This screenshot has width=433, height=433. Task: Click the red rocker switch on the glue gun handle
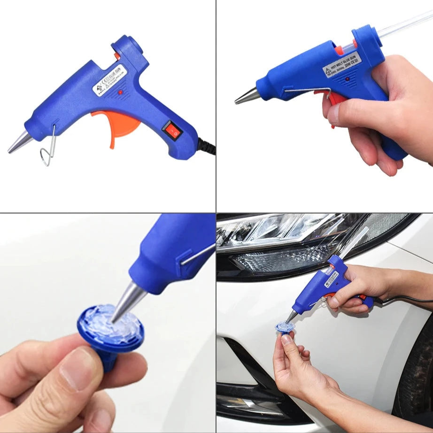pos(172,130)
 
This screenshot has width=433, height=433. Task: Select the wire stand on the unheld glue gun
pos(48,149)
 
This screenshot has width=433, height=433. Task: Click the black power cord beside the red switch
pos(207,146)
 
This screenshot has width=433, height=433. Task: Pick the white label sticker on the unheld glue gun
pos(109,79)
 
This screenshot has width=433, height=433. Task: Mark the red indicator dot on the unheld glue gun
pos(121,93)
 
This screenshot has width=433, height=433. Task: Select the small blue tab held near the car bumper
pos(285,327)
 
